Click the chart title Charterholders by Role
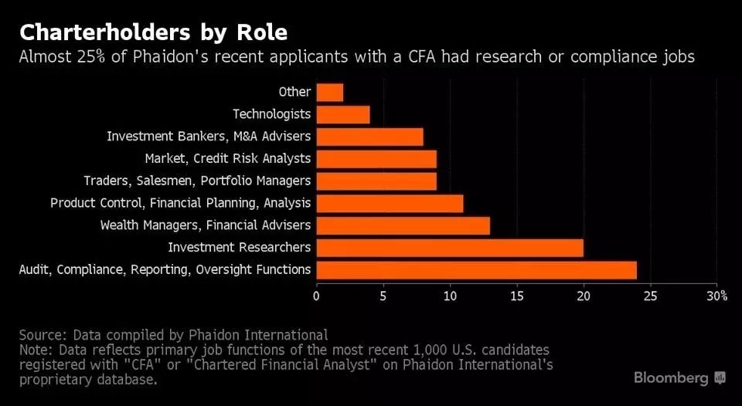(x=153, y=32)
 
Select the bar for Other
(x=329, y=93)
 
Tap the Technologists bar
(x=342, y=115)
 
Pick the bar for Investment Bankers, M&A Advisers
(x=369, y=137)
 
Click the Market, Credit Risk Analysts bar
(x=376, y=159)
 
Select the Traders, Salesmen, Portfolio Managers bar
(x=376, y=181)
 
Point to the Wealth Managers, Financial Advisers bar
(x=403, y=225)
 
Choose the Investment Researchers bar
(x=450, y=248)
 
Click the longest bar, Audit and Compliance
(x=476, y=270)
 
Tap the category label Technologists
(x=271, y=114)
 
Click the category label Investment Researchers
(x=239, y=247)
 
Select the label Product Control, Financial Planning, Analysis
(x=180, y=203)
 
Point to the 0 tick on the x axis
(x=316, y=296)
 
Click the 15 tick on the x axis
(x=517, y=296)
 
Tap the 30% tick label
(x=716, y=296)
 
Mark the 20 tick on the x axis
(x=584, y=296)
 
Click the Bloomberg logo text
(x=671, y=377)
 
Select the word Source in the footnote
(x=43, y=335)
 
